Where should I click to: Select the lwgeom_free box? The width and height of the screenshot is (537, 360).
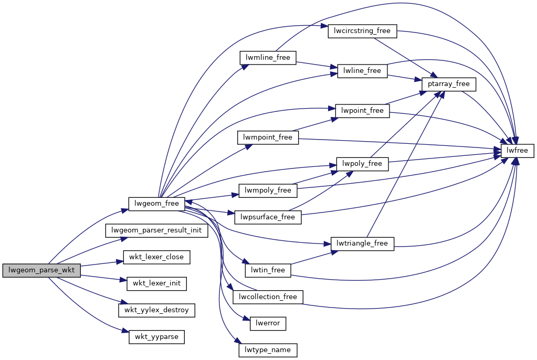tap(156, 203)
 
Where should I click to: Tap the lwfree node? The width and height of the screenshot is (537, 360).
tap(518, 151)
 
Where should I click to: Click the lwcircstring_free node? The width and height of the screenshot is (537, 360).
tap(362, 31)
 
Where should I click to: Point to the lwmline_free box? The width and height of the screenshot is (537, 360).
tap(268, 57)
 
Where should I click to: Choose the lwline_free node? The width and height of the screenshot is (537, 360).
tap(362, 70)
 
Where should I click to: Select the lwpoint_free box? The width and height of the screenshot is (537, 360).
tap(362, 110)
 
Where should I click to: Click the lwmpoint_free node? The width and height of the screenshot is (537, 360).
tap(268, 137)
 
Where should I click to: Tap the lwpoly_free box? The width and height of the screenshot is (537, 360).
tap(362, 164)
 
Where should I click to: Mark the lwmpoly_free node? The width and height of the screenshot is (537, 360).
tap(268, 190)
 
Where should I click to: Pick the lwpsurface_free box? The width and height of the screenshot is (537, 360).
tap(268, 217)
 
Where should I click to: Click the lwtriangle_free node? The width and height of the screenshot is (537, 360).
tap(362, 243)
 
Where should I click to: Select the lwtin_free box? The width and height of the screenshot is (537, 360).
tap(268, 270)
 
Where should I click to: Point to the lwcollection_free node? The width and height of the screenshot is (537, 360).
tap(268, 297)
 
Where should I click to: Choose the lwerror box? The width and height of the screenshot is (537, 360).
tap(268, 323)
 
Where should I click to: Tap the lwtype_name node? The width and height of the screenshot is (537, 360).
tap(268, 350)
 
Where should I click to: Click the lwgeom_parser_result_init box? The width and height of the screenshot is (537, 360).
tap(157, 230)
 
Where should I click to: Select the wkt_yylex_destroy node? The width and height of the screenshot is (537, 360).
tap(157, 310)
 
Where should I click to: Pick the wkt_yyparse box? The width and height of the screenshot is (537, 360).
tap(157, 336)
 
